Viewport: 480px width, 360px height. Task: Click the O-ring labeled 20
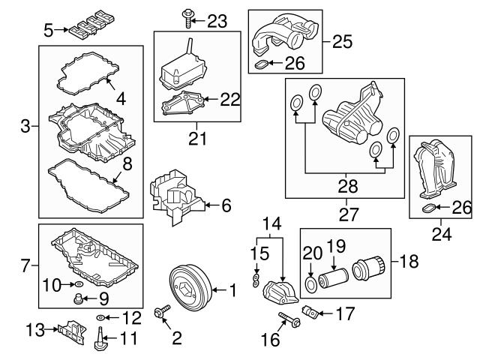[x=310, y=284]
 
